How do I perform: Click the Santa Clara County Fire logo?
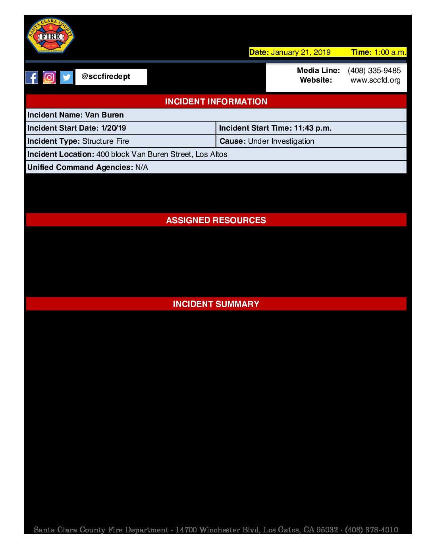click(x=50, y=36)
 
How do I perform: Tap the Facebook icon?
click(x=32, y=77)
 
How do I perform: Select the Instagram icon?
click(x=49, y=77)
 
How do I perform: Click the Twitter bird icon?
click(x=67, y=77)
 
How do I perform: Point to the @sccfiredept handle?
click(x=106, y=77)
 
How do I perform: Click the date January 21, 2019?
click(x=301, y=52)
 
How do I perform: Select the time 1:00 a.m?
click(x=390, y=52)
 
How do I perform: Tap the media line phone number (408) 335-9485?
click(x=374, y=71)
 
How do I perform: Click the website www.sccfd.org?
click(x=375, y=80)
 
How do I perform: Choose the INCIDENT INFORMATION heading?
click(x=216, y=102)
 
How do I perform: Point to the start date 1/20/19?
click(x=114, y=128)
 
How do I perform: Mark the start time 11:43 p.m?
click(x=312, y=128)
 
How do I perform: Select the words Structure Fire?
click(x=106, y=141)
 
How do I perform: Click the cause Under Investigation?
click(x=281, y=141)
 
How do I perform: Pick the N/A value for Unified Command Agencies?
click(x=142, y=168)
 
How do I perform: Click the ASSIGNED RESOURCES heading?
click(x=216, y=220)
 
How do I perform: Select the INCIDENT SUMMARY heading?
click(x=216, y=304)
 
